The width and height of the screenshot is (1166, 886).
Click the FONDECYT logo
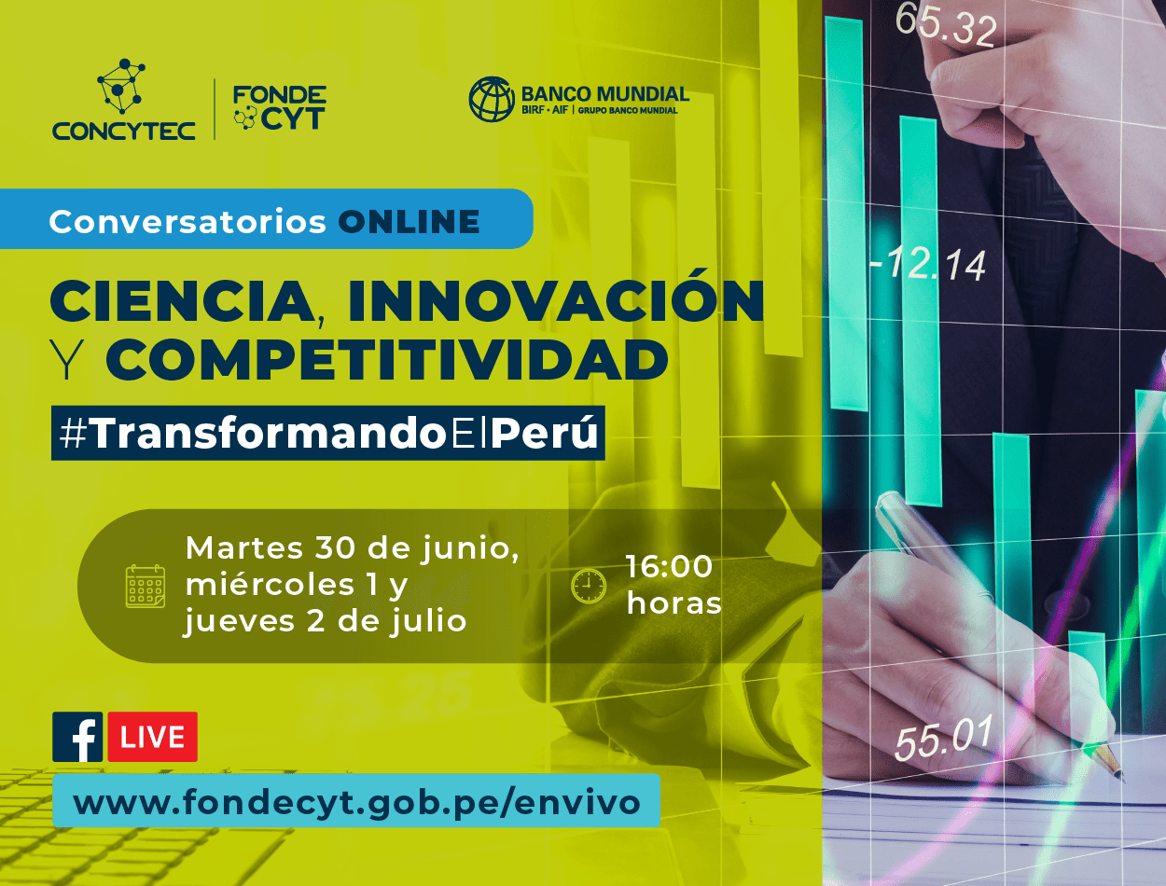click(280, 108)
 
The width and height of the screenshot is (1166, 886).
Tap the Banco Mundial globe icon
click(492, 99)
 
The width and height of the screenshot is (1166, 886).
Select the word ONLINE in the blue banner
click(409, 221)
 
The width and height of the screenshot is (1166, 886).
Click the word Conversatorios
click(187, 221)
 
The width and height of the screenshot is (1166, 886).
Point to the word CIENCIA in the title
click(182, 301)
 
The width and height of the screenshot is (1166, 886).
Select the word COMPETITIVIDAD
click(387, 359)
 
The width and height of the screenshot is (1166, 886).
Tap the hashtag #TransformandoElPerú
click(328, 433)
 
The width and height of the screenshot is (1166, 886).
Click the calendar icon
click(145, 586)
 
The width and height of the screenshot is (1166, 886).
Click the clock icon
click(588, 586)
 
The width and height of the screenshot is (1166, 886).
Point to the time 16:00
click(670, 566)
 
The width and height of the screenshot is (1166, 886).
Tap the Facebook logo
click(77, 737)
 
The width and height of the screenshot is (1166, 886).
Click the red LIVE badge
click(152, 737)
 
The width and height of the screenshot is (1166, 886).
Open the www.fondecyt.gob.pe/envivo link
click(356, 802)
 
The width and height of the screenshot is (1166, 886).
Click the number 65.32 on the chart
click(946, 25)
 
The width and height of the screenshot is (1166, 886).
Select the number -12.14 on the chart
click(928, 264)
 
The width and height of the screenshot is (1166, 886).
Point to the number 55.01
click(943, 737)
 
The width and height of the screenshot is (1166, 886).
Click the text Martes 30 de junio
click(353, 547)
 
